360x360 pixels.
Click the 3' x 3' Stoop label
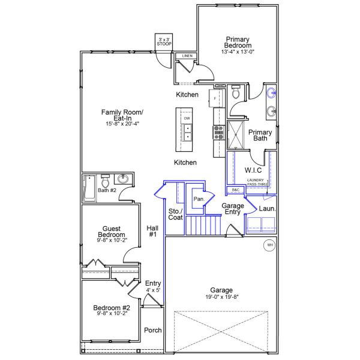point(163,42)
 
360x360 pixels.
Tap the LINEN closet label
point(187,56)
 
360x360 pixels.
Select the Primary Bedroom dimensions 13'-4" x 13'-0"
point(238,52)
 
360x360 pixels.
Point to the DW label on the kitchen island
point(187,118)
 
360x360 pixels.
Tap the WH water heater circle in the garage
point(269,245)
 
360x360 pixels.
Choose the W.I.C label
point(253,170)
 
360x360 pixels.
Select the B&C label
point(235,190)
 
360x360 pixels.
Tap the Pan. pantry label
point(197,199)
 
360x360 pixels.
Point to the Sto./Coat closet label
point(175,214)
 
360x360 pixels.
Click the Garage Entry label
point(233,209)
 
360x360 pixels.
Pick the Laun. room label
point(266,208)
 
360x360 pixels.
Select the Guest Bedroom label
point(112,231)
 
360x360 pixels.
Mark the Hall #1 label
point(152,231)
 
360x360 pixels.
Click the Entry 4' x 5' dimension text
point(153,290)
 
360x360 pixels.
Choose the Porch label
point(153,331)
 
